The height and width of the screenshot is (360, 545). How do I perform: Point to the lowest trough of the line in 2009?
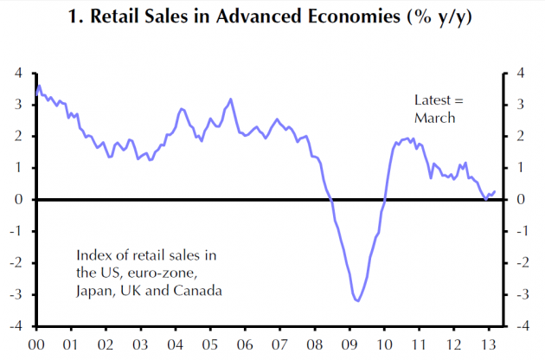tap(356, 300)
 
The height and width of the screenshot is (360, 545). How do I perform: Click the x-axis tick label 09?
tap(348, 344)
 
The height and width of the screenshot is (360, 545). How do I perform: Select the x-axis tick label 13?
tap(488, 344)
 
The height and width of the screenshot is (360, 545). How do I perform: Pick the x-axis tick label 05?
tap(209, 344)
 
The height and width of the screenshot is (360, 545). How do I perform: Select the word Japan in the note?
tap(93, 291)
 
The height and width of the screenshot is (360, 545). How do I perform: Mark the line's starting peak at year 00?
tap(38, 87)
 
